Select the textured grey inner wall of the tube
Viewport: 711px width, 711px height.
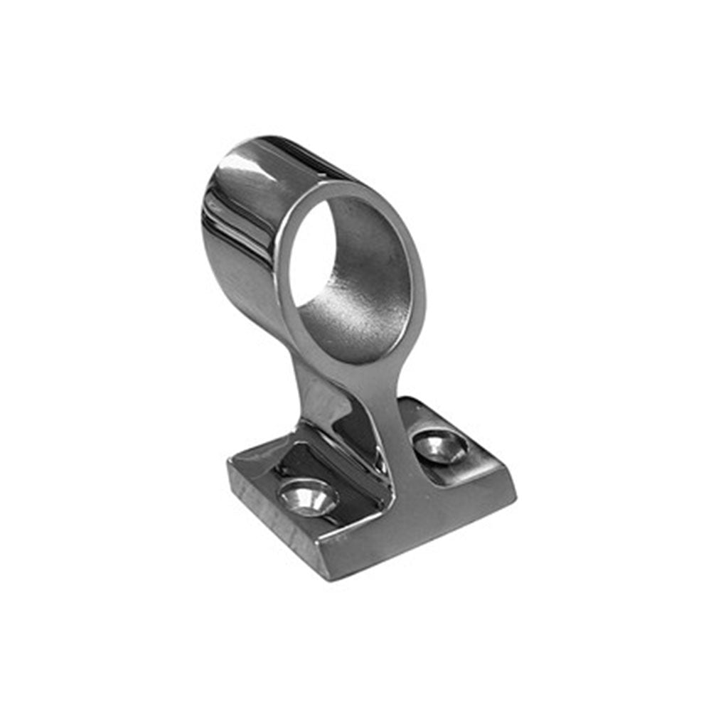click(370, 284)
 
